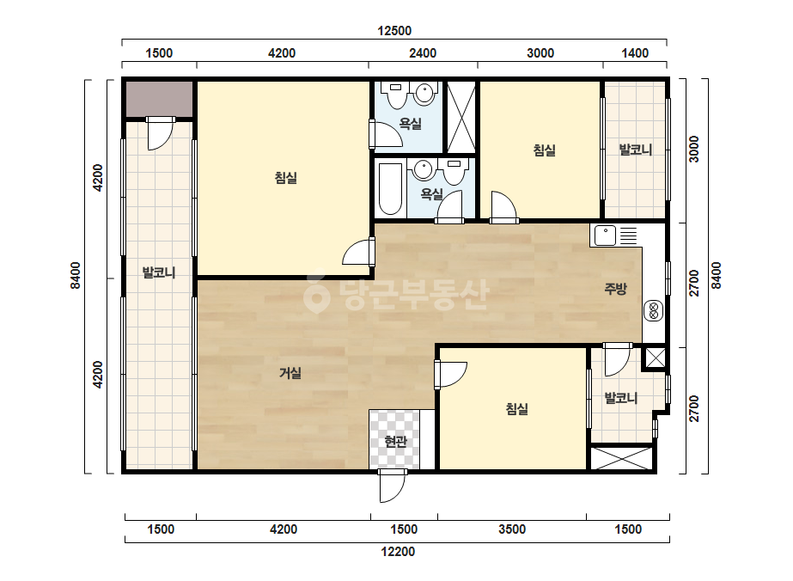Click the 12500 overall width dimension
[394, 31]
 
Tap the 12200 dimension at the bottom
[398, 552]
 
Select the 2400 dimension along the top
[423, 53]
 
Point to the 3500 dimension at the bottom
[512, 529]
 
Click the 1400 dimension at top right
[635, 53]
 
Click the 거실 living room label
[290, 374]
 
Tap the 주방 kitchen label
[615, 289]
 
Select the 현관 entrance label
[395, 442]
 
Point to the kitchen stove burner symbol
[653, 311]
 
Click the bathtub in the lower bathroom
[390, 189]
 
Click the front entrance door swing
[393, 486]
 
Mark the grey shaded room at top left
[159, 99]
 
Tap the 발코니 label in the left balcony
[159, 272]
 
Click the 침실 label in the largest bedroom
[286, 178]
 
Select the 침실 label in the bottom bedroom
[517, 409]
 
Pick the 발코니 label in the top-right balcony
[636, 150]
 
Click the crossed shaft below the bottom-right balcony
[621, 458]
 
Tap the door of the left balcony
[160, 134]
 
